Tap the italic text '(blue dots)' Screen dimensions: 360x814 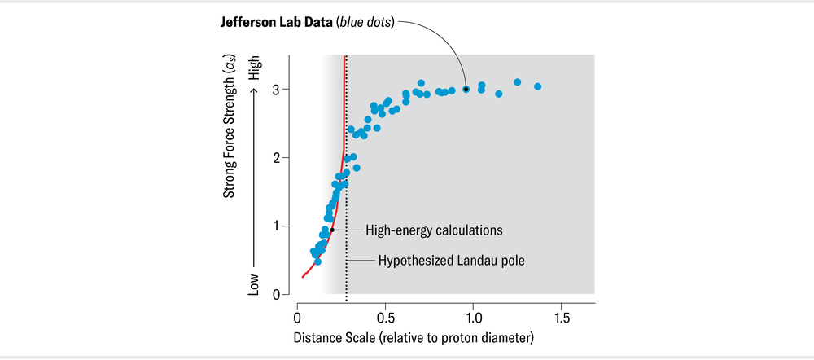[x=363, y=22]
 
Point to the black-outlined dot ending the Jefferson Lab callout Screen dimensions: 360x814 [x=466, y=89]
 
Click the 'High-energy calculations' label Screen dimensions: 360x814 [x=434, y=230]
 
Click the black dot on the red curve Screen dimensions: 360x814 [x=332, y=230]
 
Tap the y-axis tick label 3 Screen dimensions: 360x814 [x=278, y=89]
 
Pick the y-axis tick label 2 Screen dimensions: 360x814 [x=278, y=157]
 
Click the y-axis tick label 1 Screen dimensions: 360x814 [x=278, y=226]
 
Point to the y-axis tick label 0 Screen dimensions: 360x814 [x=278, y=294]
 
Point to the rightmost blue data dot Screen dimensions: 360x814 [x=537, y=86]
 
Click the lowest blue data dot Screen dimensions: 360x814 [x=317, y=261]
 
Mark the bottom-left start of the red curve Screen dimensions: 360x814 [x=303, y=277]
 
